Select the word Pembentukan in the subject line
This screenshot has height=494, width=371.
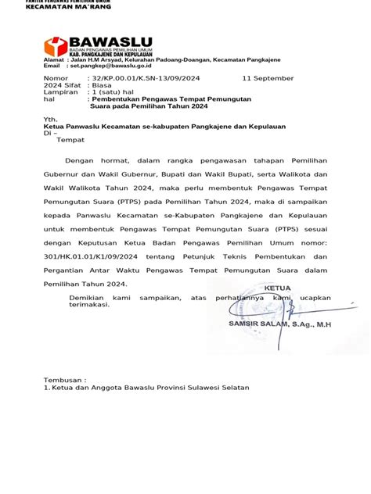click(x=120, y=100)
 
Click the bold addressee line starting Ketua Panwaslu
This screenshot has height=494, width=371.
click(x=164, y=126)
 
